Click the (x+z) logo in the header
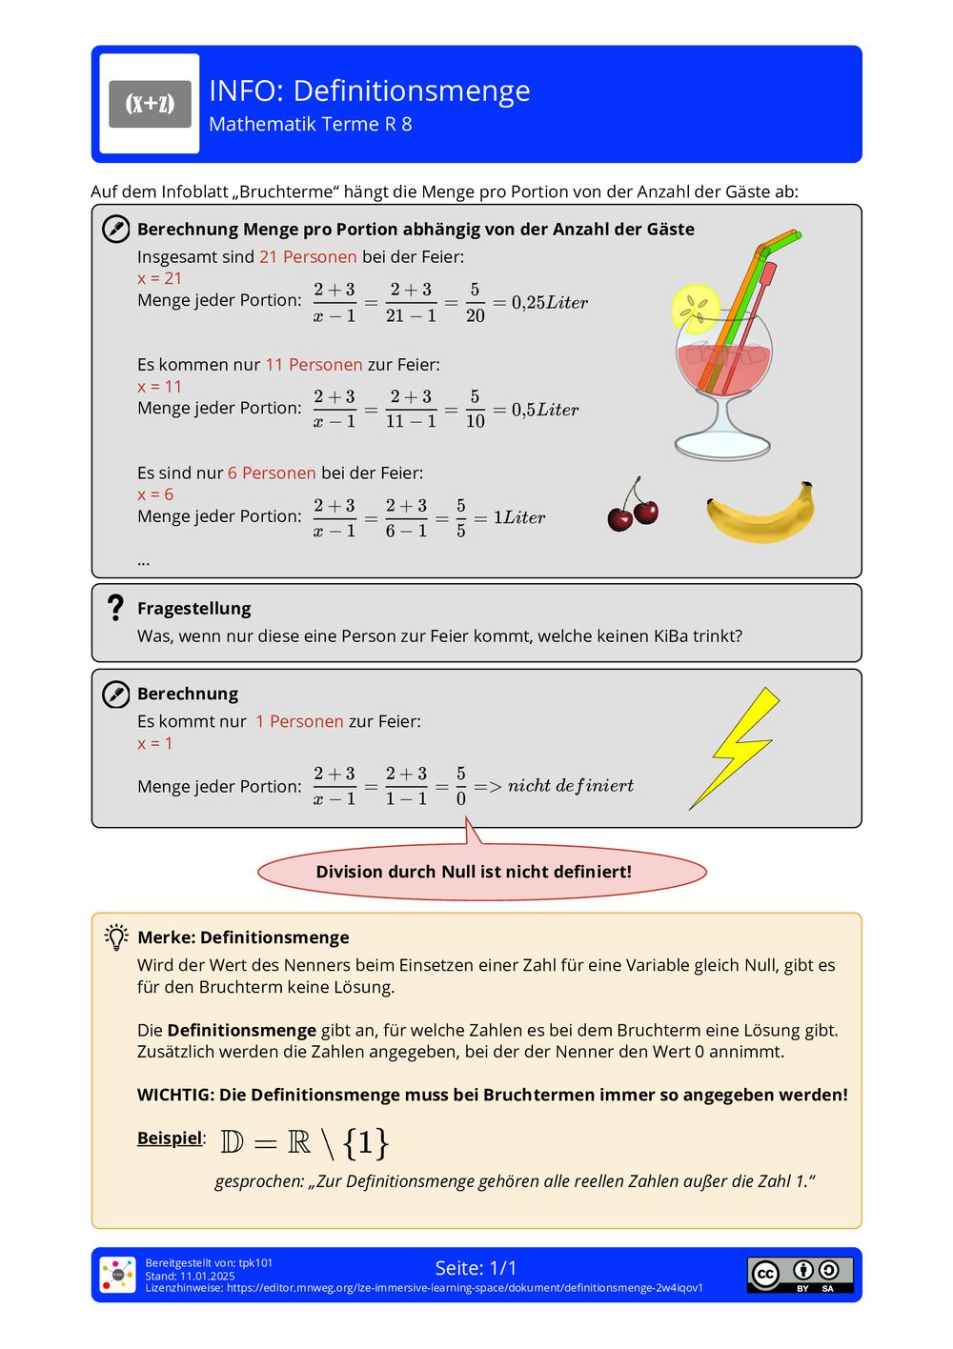[150, 104]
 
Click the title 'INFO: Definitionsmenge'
[369, 91]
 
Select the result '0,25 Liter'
[549, 302]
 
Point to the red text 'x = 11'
[159, 386]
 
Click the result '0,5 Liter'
[544, 410]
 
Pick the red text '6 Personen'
[272, 473]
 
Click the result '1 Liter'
[518, 517]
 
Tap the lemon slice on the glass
[695, 308]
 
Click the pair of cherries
[633, 506]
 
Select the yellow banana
[761, 513]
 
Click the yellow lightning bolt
[737, 747]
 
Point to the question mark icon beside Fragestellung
[115, 608]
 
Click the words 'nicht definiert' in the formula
[570, 786]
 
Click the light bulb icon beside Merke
[116, 936]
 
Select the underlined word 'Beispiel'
[170, 1138]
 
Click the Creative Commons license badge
[800, 1274]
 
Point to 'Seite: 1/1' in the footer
[476, 1267]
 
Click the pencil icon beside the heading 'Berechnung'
[115, 694]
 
